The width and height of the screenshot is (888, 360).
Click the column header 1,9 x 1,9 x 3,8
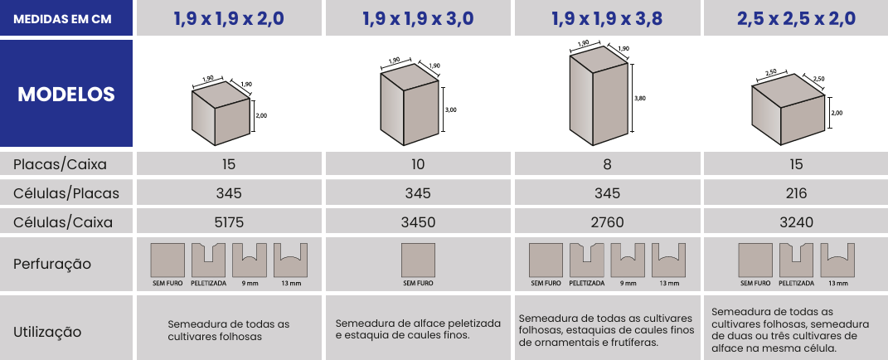(x=607, y=18)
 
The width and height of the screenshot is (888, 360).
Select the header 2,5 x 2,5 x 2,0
(x=796, y=18)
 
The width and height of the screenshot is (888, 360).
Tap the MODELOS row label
(x=66, y=94)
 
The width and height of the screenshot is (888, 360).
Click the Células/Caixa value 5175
(x=229, y=222)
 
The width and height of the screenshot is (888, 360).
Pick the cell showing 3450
(x=418, y=222)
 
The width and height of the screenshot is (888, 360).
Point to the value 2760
(x=607, y=222)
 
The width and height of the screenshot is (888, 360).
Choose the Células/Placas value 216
(x=796, y=193)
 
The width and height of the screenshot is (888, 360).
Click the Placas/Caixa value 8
(x=607, y=164)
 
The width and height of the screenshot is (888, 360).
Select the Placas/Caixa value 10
(x=418, y=164)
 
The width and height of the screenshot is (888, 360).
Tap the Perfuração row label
(x=52, y=264)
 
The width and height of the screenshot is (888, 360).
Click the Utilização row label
(x=47, y=333)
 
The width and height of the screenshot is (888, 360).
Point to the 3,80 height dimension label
(x=640, y=98)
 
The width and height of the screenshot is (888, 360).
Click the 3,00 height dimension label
(x=451, y=110)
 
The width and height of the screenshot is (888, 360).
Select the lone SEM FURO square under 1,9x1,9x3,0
(x=418, y=260)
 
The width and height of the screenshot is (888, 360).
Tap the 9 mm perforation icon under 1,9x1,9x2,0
(x=250, y=260)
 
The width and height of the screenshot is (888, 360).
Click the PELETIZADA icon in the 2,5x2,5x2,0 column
(x=796, y=260)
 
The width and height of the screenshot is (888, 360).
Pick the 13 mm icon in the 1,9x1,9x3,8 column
(x=668, y=260)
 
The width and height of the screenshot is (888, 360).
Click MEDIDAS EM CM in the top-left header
(x=62, y=19)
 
